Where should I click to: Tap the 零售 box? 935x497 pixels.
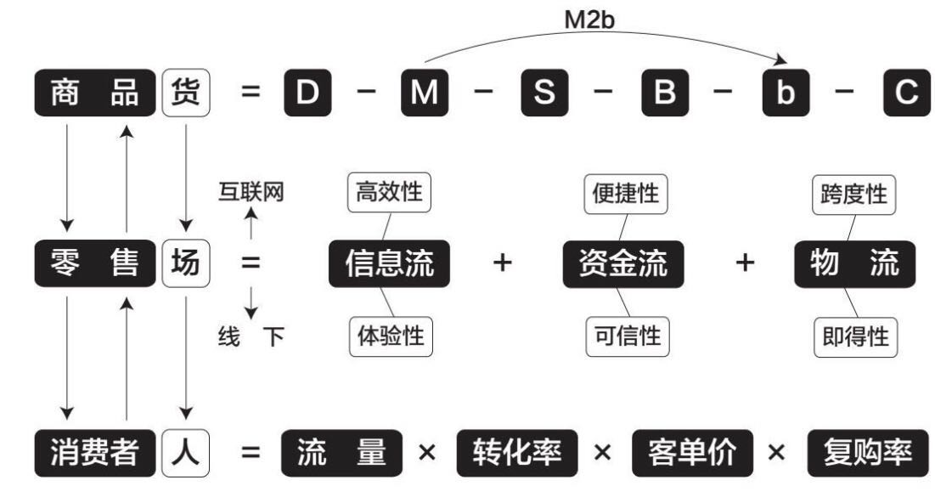point(95,263)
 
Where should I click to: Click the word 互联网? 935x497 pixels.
point(251,191)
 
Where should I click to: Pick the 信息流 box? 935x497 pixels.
point(389,264)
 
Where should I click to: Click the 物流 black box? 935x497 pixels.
point(855,264)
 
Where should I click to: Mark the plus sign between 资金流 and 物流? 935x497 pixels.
point(744,263)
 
